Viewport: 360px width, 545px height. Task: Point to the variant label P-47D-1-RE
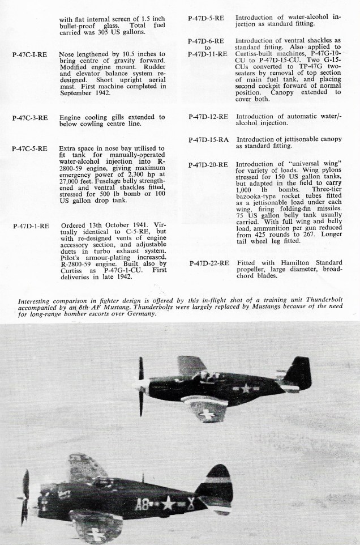pos(31,225)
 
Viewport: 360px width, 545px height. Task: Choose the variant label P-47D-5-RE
pos(205,18)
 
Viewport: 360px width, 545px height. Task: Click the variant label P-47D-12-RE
pos(208,117)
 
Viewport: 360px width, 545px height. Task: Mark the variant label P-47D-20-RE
pos(208,165)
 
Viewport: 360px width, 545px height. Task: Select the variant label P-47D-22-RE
pos(208,263)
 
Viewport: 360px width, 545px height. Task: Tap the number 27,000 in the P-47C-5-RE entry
pos(71,180)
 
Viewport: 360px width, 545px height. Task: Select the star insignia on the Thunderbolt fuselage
pos(169,503)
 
